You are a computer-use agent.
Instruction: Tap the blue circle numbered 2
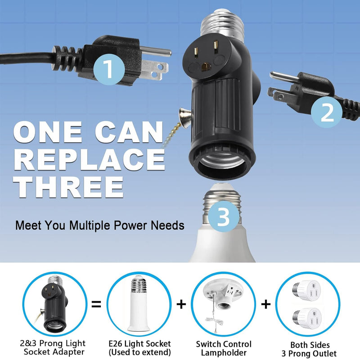click(327, 112)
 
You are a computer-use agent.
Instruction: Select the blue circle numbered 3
click(223, 218)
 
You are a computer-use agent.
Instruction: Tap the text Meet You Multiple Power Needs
click(100, 225)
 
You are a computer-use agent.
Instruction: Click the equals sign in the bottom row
click(96, 304)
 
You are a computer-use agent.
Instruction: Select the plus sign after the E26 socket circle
click(180, 304)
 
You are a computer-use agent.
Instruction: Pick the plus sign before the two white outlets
click(266, 304)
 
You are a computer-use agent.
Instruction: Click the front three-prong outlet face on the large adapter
click(206, 58)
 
